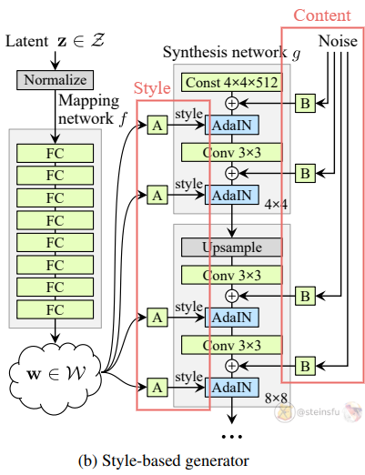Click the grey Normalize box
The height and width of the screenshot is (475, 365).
pyautogui.click(x=55, y=80)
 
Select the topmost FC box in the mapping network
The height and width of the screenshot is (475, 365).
pyautogui.click(x=55, y=153)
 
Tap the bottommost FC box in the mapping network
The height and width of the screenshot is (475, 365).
pyautogui.click(x=55, y=309)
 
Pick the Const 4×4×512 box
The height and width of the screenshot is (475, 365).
pyautogui.click(x=232, y=82)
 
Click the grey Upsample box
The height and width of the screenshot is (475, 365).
pyautogui.click(x=232, y=248)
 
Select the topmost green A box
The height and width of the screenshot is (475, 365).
pyautogui.click(x=157, y=125)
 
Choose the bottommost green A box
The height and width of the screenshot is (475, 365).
pyautogui.click(x=157, y=388)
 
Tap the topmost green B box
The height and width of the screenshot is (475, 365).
pyautogui.click(x=305, y=104)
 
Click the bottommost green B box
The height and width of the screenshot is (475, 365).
pyautogui.click(x=305, y=366)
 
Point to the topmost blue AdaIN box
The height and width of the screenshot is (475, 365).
pyautogui.click(x=232, y=125)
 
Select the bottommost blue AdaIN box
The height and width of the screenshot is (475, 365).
pyautogui.click(x=232, y=388)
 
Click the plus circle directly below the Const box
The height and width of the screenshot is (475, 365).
pyautogui.click(x=232, y=104)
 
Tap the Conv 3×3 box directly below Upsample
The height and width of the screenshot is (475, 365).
pyautogui.click(x=232, y=275)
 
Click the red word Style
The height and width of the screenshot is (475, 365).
pyautogui.click(x=152, y=88)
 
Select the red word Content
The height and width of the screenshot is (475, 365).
pyautogui.click(x=322, y=15)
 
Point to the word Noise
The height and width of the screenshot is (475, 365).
pyautogui.click(x=338, y=41)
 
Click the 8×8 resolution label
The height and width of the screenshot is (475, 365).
pyautogui.click(x=276, y=399)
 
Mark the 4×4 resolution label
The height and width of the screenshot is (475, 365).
pyautogui.click(x=276, y=205)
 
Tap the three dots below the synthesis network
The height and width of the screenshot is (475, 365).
pyautogui.click(x=232, y=437)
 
